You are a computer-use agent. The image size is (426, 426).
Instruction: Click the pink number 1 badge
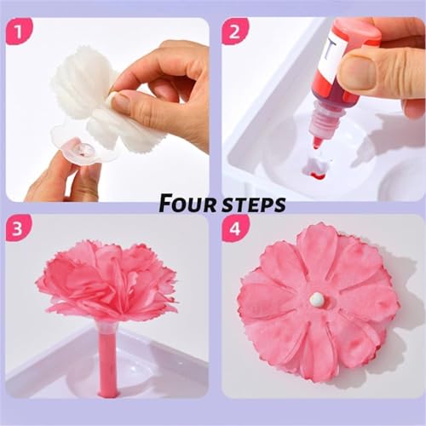click(19, 32)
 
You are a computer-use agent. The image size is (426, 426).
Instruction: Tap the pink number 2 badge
click(234, 32)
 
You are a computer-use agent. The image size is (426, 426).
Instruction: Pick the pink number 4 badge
click(234, 228)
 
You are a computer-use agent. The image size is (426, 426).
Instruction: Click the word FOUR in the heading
click(187, 204)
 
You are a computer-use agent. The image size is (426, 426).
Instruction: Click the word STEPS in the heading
click(254, 204)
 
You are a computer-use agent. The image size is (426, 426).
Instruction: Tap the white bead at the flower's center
click(317, 299)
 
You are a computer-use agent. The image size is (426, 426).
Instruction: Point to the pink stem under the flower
click(107, 366)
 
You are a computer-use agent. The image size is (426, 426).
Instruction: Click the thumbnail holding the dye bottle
click(359, 71)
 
